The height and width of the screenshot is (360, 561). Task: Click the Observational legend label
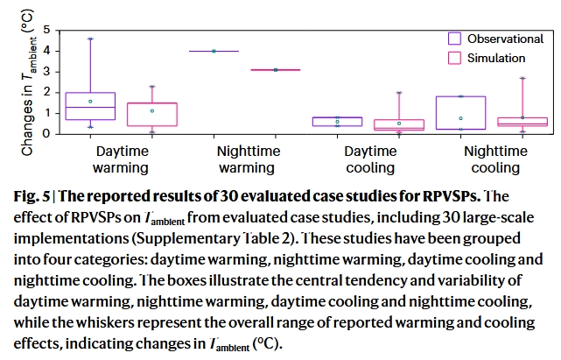505,39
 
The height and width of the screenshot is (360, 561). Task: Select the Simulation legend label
496,58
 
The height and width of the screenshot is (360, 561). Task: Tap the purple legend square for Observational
454,39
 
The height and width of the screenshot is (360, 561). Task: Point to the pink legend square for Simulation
454,58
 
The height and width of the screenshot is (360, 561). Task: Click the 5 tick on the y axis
46,30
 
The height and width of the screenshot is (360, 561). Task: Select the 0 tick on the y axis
46,135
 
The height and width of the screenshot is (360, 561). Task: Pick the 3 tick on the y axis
46,72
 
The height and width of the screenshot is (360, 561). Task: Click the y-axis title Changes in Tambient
27,82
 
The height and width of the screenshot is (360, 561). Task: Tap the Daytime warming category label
123,159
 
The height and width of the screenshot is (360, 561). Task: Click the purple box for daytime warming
91,106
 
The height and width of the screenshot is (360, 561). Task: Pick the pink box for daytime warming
151,115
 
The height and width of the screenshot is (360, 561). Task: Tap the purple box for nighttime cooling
460,113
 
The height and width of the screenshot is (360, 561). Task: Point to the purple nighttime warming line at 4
214,51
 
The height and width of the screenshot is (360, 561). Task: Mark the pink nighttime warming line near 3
276,69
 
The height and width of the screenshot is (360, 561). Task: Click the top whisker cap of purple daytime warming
91,39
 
